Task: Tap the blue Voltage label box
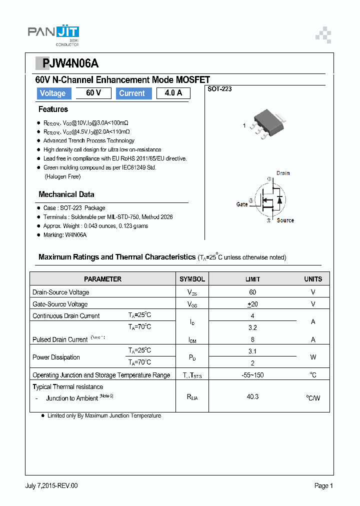[52, 93]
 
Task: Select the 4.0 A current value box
[173, 93]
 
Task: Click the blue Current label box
[133, 93]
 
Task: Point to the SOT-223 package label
[219, 88]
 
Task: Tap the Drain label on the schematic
[283, 173]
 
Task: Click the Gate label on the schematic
[242, 204]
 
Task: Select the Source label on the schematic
[285, 220]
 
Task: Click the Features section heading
[53, 109]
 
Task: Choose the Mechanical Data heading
[66, 194]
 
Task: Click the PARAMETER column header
[102, 279]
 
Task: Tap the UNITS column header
[313, 279]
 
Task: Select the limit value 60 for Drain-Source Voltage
[252, 292]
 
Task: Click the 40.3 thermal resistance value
[252, 396]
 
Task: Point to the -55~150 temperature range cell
[252, 375]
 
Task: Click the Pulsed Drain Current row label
[60, 339]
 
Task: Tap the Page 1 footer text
[323, 485]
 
